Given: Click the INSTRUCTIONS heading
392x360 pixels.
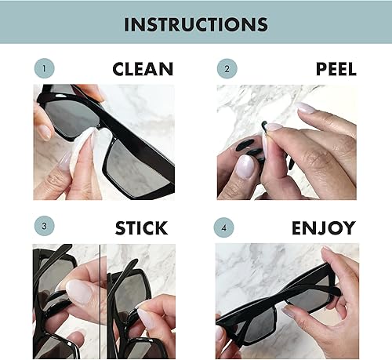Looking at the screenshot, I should click(x=195, y=23).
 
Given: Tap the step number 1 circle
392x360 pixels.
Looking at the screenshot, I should click(x=45, y=69).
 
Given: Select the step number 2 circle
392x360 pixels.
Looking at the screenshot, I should click(x=227, y=69).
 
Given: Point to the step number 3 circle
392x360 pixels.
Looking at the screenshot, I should click(x=45, y=228).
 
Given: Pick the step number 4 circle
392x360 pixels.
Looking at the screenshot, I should click(x=227, y=228).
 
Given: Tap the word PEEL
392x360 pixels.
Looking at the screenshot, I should click(x=336, y=69).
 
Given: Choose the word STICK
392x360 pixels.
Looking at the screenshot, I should click(x=141, y=228).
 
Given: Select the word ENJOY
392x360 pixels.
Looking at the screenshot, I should click(x=323, y=228).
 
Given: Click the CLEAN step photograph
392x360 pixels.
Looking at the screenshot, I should click(x=103, y=142).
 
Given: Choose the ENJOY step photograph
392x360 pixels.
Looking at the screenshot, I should click(x=286, y=301).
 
